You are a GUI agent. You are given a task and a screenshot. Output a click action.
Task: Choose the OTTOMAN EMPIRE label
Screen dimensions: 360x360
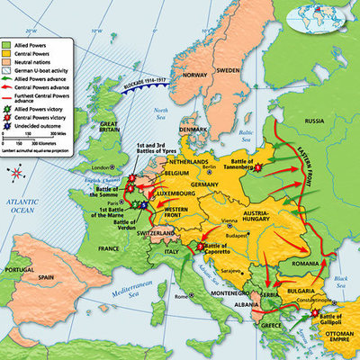(x=341, y=343)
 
